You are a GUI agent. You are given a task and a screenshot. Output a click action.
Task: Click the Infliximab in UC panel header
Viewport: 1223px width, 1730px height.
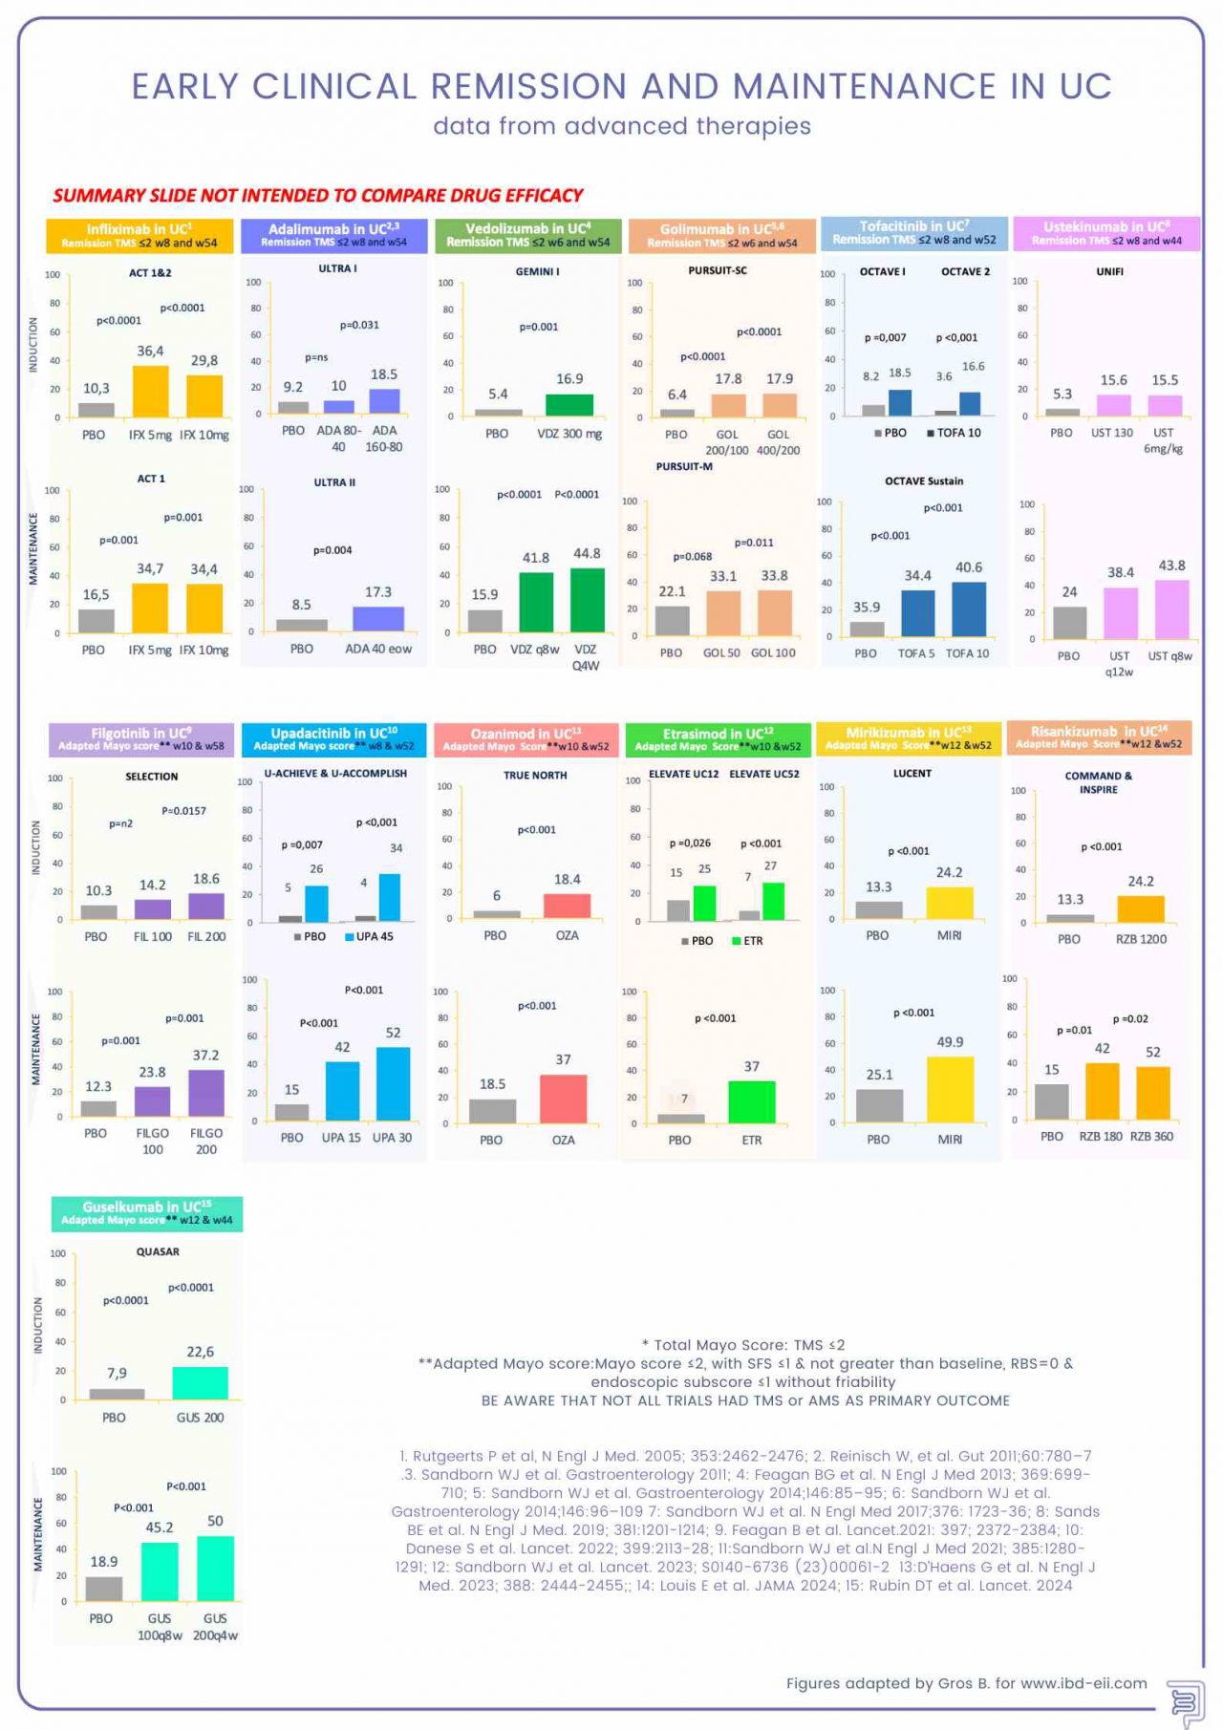139,235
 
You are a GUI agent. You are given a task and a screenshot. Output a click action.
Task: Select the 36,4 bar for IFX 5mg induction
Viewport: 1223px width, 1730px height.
150,392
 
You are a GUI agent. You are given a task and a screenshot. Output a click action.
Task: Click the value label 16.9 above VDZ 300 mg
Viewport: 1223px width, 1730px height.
569,379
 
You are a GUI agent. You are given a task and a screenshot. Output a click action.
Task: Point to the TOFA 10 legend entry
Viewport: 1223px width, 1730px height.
954,433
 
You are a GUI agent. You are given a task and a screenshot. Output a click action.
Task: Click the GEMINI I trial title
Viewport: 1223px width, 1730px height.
537,271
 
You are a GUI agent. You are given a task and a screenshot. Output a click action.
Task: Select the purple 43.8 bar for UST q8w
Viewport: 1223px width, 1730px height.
1171,609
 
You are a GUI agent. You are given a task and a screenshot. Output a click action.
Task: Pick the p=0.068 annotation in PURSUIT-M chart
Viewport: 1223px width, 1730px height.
692,556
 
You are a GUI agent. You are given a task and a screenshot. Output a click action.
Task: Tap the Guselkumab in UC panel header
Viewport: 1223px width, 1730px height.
147,1213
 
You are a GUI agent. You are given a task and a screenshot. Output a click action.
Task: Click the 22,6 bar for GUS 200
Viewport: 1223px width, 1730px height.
201,1383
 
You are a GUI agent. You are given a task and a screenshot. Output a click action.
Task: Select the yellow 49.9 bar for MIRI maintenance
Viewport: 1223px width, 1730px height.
950,1089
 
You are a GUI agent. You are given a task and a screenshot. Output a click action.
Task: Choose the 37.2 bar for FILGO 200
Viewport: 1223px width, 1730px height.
206,1093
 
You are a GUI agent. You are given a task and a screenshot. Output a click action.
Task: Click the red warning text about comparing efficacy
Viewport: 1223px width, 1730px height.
317,196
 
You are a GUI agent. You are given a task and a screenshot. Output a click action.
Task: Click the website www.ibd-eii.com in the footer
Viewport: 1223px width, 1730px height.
1084,1683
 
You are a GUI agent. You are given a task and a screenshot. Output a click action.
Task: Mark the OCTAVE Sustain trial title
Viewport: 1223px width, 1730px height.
924,481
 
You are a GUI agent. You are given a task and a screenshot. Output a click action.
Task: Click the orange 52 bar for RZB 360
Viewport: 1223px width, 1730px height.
1153,1093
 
